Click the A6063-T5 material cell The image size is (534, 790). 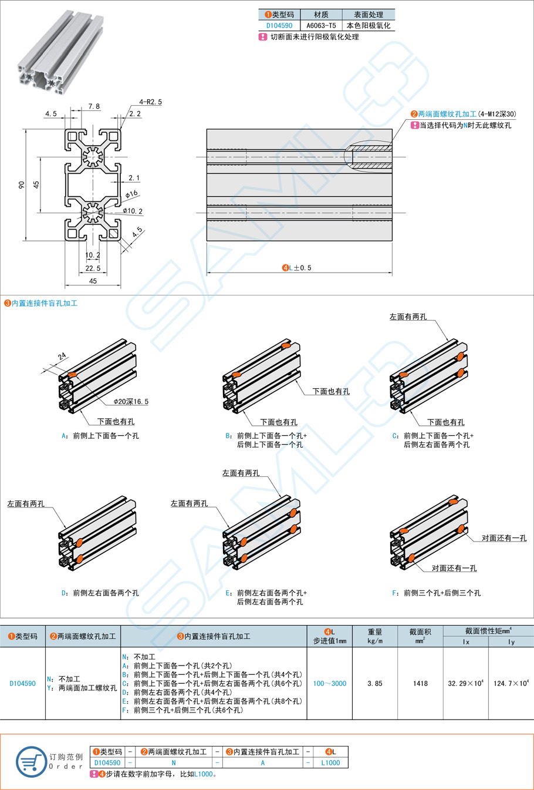coord(321,26)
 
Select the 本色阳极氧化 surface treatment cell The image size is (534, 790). coord(368,26)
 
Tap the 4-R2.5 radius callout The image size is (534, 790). coord(150,102)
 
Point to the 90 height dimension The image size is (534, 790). coord(22,184)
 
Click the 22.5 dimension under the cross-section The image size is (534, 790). coord(93,268)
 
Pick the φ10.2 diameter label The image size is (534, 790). coord(133,211)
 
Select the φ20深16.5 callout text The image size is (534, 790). coord(131,402)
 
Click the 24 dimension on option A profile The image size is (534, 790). coord(62,356)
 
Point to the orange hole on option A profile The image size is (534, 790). coord(73,375)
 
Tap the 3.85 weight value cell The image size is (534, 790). coord(374,684)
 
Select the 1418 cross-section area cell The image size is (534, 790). coord(420,684)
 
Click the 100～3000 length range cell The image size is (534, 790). coord(329,684)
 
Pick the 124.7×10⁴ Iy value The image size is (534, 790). coord(511,684)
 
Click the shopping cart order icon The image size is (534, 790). coord(31,762)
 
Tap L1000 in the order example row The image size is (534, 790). coord(330,763)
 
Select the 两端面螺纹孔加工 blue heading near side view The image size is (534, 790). coord(447,114)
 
